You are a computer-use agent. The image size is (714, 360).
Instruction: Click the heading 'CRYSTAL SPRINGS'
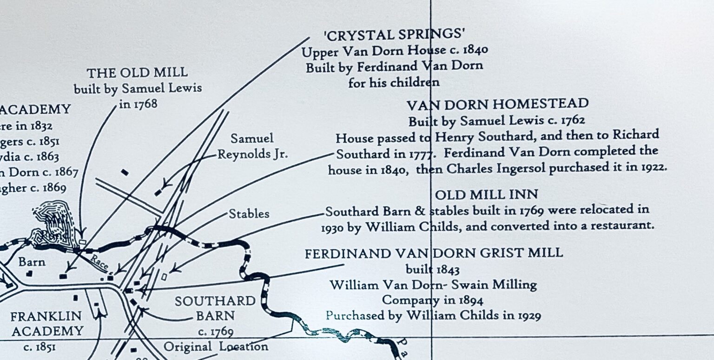click(394, 34)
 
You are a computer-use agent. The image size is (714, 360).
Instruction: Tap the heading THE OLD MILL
click(137, 73)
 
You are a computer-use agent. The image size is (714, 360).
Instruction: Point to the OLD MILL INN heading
click(486, 194)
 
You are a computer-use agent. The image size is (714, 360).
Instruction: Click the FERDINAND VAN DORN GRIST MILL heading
click(434, 253)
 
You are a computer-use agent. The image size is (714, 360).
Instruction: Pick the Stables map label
click(249, 214)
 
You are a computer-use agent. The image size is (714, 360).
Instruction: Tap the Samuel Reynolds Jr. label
click(252, 146)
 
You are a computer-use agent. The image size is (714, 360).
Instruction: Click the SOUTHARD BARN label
click(215, 308)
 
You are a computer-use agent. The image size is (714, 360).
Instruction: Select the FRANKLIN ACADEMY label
click(46, 324)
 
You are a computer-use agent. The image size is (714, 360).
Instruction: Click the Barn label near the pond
click(32, 262)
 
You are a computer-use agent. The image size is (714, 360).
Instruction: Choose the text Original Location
click(216, 347)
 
